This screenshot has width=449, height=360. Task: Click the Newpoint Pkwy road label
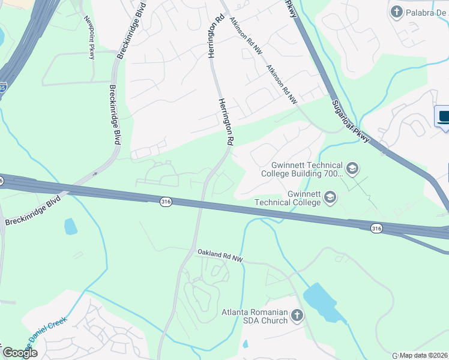tap(89, 37)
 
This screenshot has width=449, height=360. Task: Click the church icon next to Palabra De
tap(396, 11)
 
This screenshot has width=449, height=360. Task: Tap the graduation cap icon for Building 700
tap(352, 169)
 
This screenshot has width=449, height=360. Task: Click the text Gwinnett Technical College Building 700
tap(301, 170)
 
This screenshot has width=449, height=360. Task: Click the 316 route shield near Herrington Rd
tap(166, 202)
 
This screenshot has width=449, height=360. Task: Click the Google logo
tap(20, 353)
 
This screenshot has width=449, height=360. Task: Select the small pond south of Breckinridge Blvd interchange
tap(71, 226)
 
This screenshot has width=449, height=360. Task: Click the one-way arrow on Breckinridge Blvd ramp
tap(94, 175)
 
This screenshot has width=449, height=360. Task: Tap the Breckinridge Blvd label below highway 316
tap(34, 211)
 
